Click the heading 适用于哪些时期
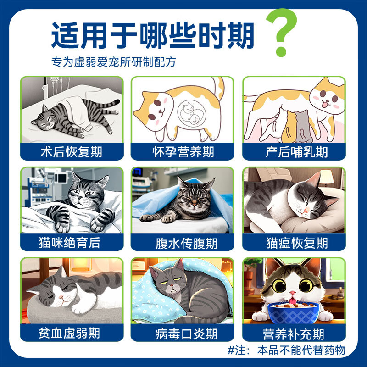coord(152,35)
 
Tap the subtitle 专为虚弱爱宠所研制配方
coord(113,62)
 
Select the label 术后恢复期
coord(72,151)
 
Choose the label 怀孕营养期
coord(183,151)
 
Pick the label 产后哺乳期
coord(294,151)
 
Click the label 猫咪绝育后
coord(72,242)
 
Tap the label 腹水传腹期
coord(183,242)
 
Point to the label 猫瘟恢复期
coord(294,242)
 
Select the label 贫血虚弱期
coord(72,333)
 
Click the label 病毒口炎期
coord(183,333)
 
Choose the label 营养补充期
coord(294,333)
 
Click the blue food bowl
coord(293,311)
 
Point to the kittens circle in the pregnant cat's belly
coord(191,113)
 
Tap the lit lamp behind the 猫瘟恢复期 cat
coord(326,177)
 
